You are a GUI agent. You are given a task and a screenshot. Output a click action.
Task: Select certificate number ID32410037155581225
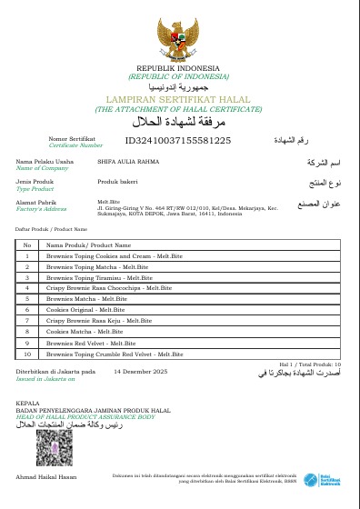pos(178,140)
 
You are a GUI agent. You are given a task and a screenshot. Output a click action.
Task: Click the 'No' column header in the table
pos(27,245)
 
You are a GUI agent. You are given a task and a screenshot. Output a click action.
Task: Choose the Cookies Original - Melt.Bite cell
pos(85,310)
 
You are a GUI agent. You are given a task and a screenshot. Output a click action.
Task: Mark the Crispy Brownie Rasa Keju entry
pos(99,321)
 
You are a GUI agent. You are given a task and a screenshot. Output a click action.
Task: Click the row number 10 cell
pos(27,354)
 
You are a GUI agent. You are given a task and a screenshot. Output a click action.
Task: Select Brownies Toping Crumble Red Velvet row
pos(115,354)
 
